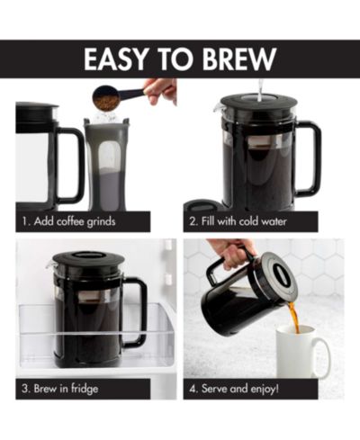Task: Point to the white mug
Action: click(x=302, y=351)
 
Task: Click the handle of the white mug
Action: click(x=323, y=355)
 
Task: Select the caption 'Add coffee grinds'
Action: click(x=75, y=221)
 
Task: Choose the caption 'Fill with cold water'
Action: click(x=244, y=221)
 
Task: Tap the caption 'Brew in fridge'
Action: click(x=66, y=389)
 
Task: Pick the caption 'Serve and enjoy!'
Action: click(x=240, y=389)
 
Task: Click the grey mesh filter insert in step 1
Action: click(x=105, y=165)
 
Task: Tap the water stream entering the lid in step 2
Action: click(x=261, y=88)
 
